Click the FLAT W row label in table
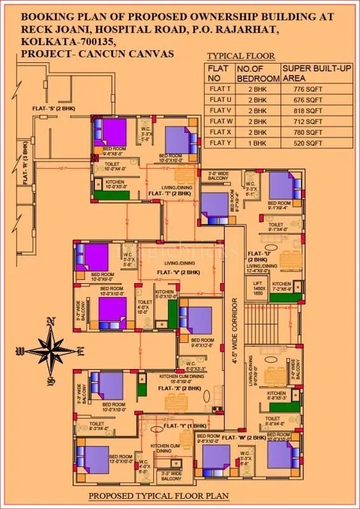pos(218,121)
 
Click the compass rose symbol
pos(50,348)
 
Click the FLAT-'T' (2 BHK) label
pos(167,192)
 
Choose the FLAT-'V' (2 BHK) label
pos(179,272)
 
